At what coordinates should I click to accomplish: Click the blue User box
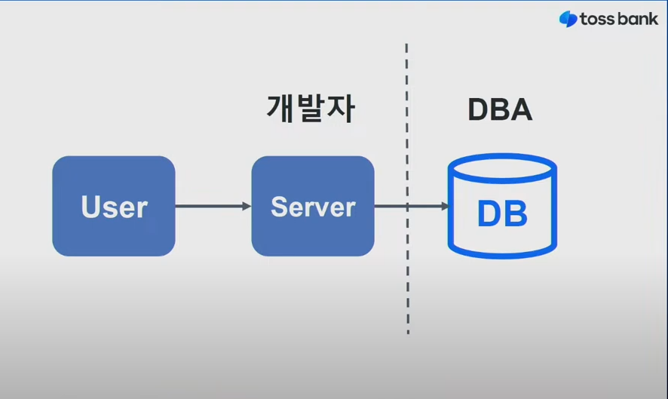coord(114,206)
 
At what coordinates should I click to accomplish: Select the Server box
coord(313,206)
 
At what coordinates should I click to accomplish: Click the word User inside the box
coord(114,207)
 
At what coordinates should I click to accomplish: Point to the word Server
coord(313,207)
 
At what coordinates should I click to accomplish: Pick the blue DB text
coord(502,213)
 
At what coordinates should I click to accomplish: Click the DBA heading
coord(500,109)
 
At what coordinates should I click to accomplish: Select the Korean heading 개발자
coord(311,109)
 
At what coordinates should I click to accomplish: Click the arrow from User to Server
coord(213,207)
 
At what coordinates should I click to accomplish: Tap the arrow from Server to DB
coord(412,207)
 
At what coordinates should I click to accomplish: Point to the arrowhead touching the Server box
coord(247,207)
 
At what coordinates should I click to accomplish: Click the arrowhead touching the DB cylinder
coord(445,207)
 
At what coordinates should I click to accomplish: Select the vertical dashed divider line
coord(407,189)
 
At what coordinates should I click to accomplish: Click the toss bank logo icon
coord(568,19)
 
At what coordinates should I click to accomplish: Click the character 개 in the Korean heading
coord(280,109)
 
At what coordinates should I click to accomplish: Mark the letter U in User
coord(91,207)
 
